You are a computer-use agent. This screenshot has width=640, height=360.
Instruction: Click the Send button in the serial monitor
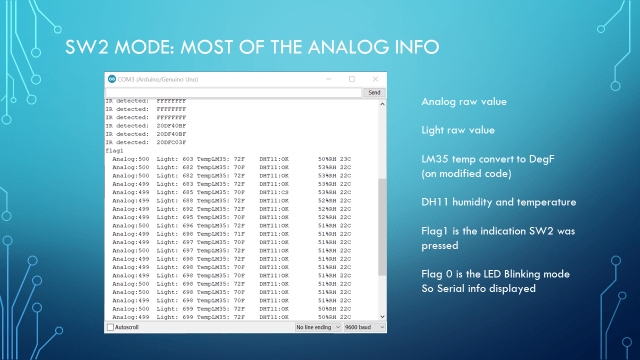(x=374, y=92)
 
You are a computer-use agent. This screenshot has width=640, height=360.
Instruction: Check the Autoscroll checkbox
(x=110, y=327)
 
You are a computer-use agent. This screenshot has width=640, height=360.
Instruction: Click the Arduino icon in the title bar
(x=111, y=78)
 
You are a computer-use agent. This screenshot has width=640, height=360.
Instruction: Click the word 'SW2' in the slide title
(x=92, y=47)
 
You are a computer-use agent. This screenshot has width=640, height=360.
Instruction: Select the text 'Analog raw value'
(x=464, y=102)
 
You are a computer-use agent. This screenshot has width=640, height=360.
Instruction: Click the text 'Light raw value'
(x=458, y=130)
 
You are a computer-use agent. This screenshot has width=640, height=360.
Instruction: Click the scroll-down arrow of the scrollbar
(x=382, y=316)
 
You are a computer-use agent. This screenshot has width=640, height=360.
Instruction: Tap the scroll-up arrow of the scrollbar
(x=382, y=103)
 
